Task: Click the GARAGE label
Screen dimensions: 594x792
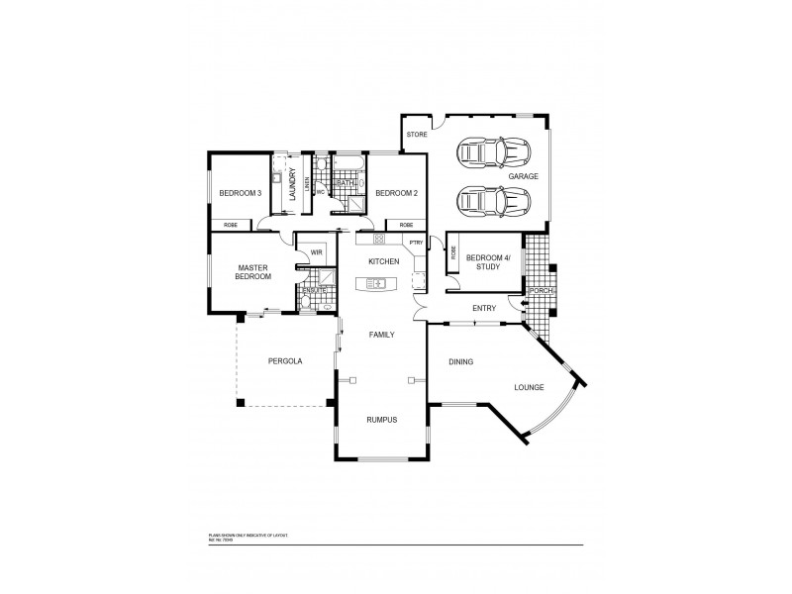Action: (524, 176)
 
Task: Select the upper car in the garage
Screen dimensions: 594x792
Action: (492, 152)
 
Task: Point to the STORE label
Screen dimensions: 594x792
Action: (416, 134)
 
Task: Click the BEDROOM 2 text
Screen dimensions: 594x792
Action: (393, 193)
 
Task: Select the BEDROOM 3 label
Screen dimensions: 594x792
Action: (240, 193)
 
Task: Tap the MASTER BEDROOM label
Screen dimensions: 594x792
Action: (252, 272)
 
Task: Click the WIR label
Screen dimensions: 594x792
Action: (317, 252)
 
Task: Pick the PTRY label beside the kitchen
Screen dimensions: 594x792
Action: (416, 242)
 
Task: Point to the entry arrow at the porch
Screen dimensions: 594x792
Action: (524, 302)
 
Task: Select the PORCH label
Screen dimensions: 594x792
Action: (541, 291)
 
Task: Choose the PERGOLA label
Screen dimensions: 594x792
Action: (285, 361)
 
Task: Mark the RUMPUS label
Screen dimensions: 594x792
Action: (381, 420)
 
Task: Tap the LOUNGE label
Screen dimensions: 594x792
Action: (529, 388)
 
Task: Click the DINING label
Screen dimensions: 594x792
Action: (461, 362)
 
